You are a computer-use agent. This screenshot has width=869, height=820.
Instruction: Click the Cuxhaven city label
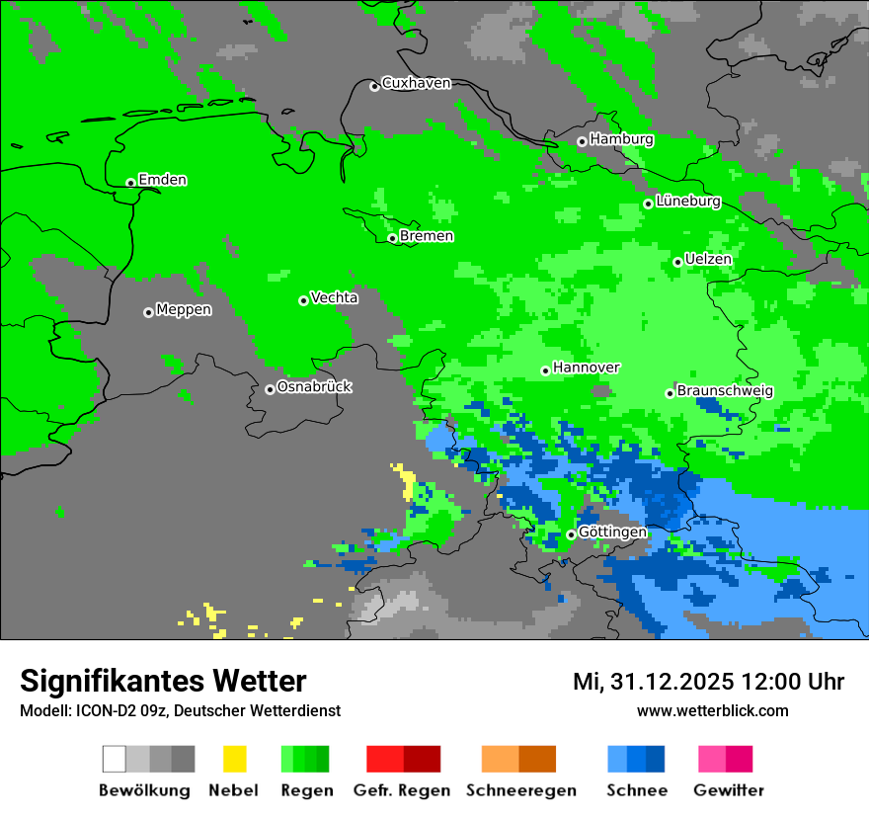click(x=416, y=83)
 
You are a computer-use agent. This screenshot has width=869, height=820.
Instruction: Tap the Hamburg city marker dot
click(x=582, y=141)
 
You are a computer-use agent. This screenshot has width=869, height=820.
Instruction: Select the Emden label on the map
click(x=162, y=180)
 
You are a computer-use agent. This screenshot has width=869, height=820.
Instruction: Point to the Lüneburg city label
click(x=687, y=202)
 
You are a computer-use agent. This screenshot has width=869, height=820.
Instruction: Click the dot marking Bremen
click(x=392, y=238)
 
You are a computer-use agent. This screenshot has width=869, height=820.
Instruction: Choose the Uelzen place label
click(x=708, y=259)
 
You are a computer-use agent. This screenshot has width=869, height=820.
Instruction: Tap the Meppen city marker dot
click(x=148, y=312)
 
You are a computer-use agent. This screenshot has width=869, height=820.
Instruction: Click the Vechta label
click(x=334, y=297)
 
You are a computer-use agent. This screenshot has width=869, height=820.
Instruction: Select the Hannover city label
click(x=586, y=368)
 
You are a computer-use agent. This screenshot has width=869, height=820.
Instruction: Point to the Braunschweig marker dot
click(x=670, y=393)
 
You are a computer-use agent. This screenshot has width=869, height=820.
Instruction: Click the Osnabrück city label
click(x=314, y=386)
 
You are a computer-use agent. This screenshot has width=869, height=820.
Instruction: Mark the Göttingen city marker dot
click(x=571, y=534)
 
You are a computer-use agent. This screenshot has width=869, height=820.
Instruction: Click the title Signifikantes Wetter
click(x=163, y=681)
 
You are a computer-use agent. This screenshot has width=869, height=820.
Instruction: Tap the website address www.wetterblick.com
click(x=712, y=710)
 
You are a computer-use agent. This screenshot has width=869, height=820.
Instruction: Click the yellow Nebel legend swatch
click(x=234, y=759)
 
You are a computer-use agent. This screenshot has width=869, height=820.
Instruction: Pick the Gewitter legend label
click(x=729, y=790)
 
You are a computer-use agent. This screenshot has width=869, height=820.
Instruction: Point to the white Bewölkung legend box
click(x=115, y=759)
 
